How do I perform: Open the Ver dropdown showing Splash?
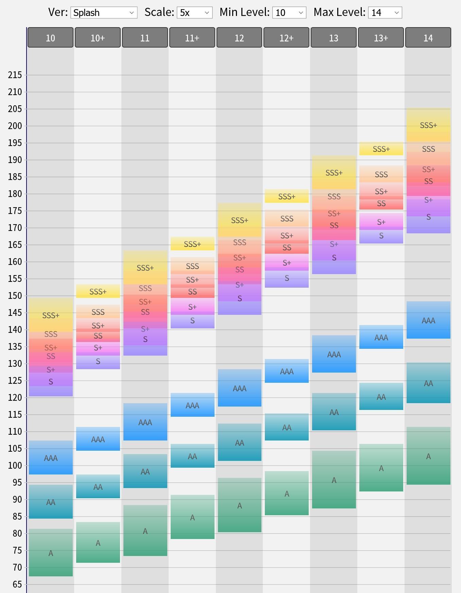coord(104,13)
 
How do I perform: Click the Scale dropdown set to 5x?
coord(194,13)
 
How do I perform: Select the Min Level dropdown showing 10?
coord(289,13)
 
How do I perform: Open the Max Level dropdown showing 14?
coord(385,13)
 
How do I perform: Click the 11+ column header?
coord(192,38)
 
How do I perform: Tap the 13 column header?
coord(334,38)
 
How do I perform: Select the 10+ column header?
coord(98,38)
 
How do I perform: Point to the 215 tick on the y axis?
coord(15,75)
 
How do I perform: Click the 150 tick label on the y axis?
coord(15,296)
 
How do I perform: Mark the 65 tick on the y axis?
coord(15,585)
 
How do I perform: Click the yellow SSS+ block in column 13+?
coord(381,149)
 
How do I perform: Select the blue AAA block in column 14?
coord(428,320)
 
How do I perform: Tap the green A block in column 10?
coord(51,553)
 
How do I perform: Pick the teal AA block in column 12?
coord(239,442)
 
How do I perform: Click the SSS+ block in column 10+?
coord(98,291)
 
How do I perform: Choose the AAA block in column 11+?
coord(192,405)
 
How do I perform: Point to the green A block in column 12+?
coord(287,493)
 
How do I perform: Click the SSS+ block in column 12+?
coord(287,196)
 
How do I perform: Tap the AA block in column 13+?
coord(381,396)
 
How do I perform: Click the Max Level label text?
coord(339,12)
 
